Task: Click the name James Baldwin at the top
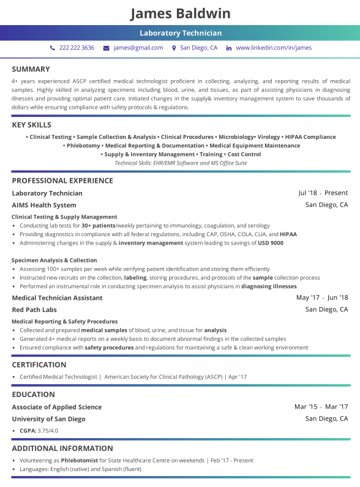tap(180, 13)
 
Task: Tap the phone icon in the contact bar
tap(53, 48)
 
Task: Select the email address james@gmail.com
tap(138, 48)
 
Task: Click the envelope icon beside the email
tap(106, 48)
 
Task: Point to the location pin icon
tap(174, 48)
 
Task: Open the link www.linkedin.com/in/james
tap(273, 48)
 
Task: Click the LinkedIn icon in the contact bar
tap(229, 48)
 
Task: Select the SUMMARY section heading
tap(31, 69)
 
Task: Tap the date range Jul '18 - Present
tap(323, 193)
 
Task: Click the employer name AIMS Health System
tap(44, 205)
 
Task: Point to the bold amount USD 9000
tap(271, 243)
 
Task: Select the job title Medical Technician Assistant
tap(57, 298)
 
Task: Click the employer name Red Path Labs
tap(34, 310)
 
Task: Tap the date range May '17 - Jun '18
tap(321, 298)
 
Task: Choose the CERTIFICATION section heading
tap(39, 365)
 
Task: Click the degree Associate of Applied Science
tap(56, 407)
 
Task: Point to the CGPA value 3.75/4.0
tap(48, 431)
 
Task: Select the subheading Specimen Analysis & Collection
tap(54, 260)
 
